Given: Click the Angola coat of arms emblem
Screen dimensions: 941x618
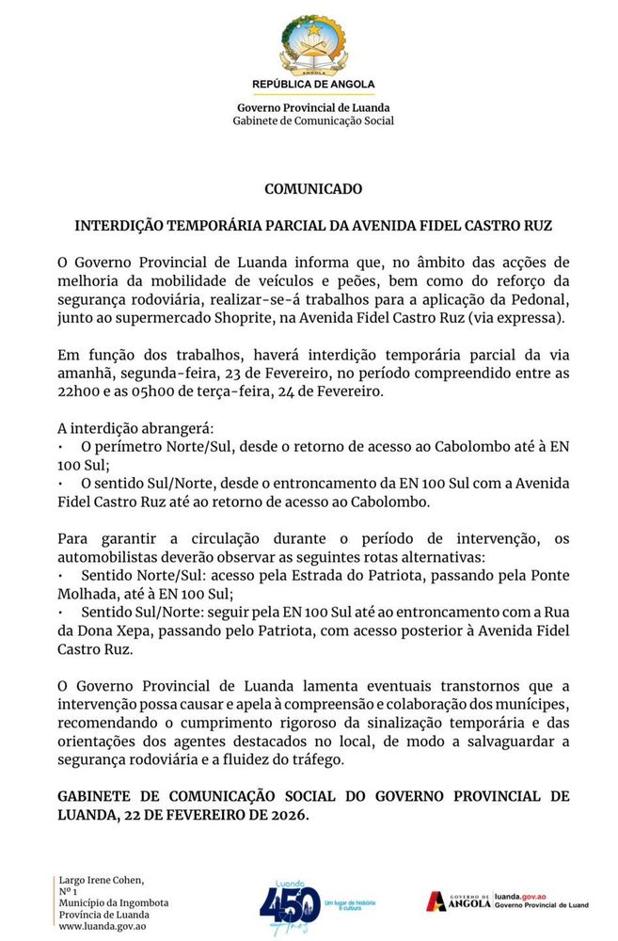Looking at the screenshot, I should tap(313, 45).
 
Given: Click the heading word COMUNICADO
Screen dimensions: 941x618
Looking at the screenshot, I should tap(313, 189).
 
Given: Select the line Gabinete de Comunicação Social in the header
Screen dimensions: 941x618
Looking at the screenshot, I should tap(313, 121).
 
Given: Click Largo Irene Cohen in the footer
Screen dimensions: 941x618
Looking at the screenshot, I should tap(102, 880).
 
